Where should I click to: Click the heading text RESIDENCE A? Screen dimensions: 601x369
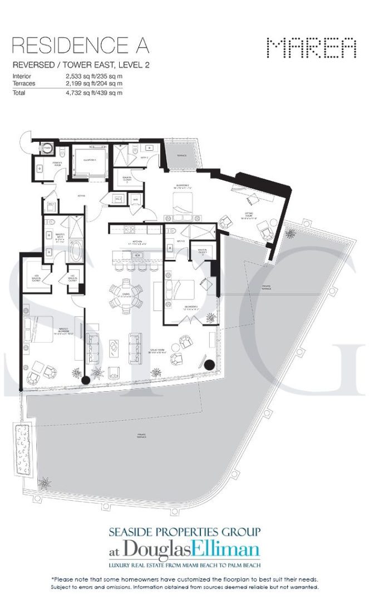(x=80, y=45)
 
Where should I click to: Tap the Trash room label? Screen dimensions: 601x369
(x=47, y=149)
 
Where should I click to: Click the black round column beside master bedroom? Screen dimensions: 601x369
(x=86, y=380)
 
